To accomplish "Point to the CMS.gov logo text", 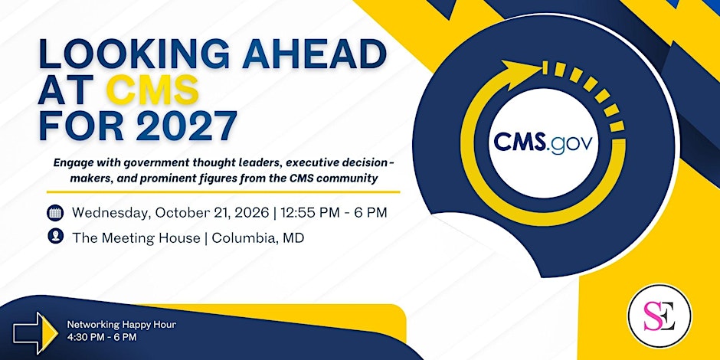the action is tap(543, 142).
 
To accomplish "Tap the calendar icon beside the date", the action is tap(55, 213).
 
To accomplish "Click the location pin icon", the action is tap(55, 236).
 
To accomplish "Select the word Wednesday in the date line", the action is tap(111, 214).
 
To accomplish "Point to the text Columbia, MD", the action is tap(257, 238).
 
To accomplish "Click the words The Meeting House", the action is tap(136, 238).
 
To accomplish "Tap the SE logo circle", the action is tap(659, 316).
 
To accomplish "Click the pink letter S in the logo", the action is tap(652, 316).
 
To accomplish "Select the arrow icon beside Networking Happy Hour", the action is tap(36, 333).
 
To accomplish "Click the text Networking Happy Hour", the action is tap(122, 325).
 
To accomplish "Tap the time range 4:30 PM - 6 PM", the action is tap(102, 338).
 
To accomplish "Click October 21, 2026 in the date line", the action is tap(211, 214).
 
